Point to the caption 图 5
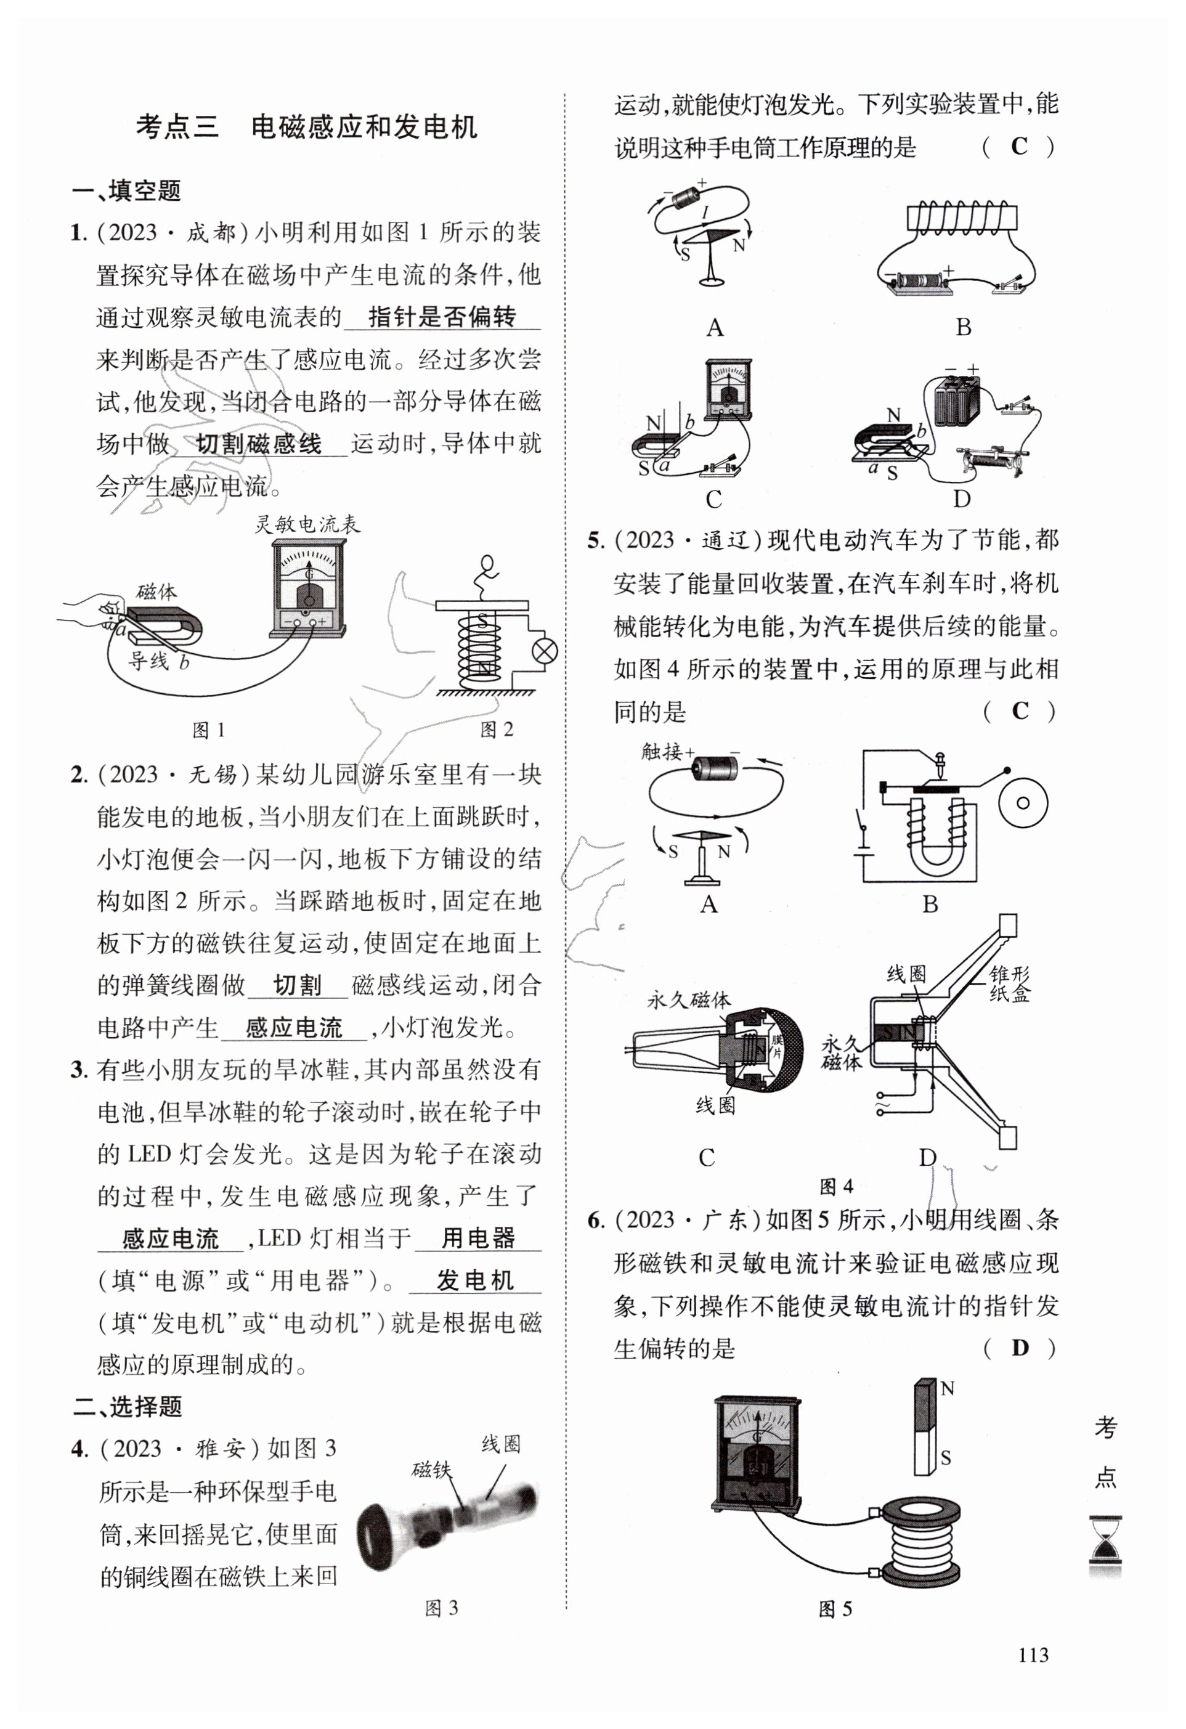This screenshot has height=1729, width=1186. [835, 1609]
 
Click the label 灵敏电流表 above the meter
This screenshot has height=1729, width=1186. [307, 524]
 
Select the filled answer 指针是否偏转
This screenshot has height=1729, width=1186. [442, 318]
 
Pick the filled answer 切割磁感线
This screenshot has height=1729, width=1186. [258, 445]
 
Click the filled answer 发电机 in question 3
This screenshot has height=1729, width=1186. [474, 1280]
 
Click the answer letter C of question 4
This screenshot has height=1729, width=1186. [1018, 147]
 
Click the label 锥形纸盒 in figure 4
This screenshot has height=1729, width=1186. [1010, 983]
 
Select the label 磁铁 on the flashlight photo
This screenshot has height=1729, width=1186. [431, 1470]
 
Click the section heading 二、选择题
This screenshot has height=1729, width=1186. [128, 1406]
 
